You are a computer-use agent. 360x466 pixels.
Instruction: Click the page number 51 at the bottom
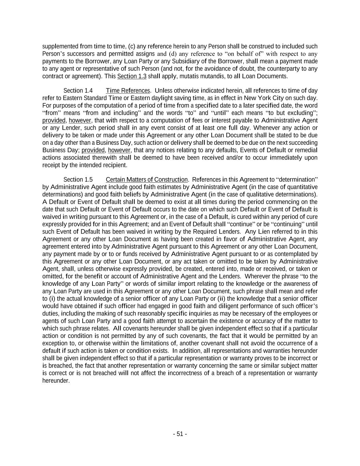click(x=180, y=434)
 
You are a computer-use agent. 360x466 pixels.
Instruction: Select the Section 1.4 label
click(x=78, y=90)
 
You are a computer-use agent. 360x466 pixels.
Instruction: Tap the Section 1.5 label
click(x=78, y=180)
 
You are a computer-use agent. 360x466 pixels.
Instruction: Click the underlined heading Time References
click(x=128, y=90)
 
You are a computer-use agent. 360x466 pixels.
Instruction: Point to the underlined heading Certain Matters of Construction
click(x=147, y=180)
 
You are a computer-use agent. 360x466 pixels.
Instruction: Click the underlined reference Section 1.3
click(x=132, y=76)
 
